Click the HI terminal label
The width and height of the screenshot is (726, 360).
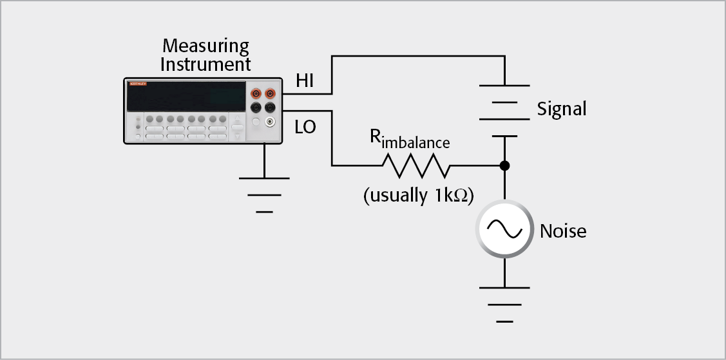[x=307, y=81]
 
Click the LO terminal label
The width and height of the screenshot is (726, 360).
[x=305, y=127]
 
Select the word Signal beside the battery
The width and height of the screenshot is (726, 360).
[x=562, y=109]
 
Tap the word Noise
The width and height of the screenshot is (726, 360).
[x=563, y=231]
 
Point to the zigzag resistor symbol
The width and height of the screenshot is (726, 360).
[x=416, y=166]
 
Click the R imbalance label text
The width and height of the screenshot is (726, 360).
[x=408, y=140]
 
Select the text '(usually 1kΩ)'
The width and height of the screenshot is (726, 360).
[x=418, y=195]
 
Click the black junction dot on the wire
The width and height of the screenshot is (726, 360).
[x=504, y=166]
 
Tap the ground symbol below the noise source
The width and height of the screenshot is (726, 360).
[x=504, y=303]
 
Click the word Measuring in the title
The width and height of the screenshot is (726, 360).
[x=205, y=46]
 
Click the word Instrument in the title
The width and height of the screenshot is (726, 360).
[x=205, y=64]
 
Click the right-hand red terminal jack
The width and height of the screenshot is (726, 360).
[x=270, y=94]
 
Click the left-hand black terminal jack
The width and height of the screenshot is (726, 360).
[x=256, y=107]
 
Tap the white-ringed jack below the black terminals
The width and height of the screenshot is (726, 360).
[x=270, y=121]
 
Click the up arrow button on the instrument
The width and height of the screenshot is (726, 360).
[x=238, y=122]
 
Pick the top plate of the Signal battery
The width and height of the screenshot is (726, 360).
[x=504, y=86]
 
